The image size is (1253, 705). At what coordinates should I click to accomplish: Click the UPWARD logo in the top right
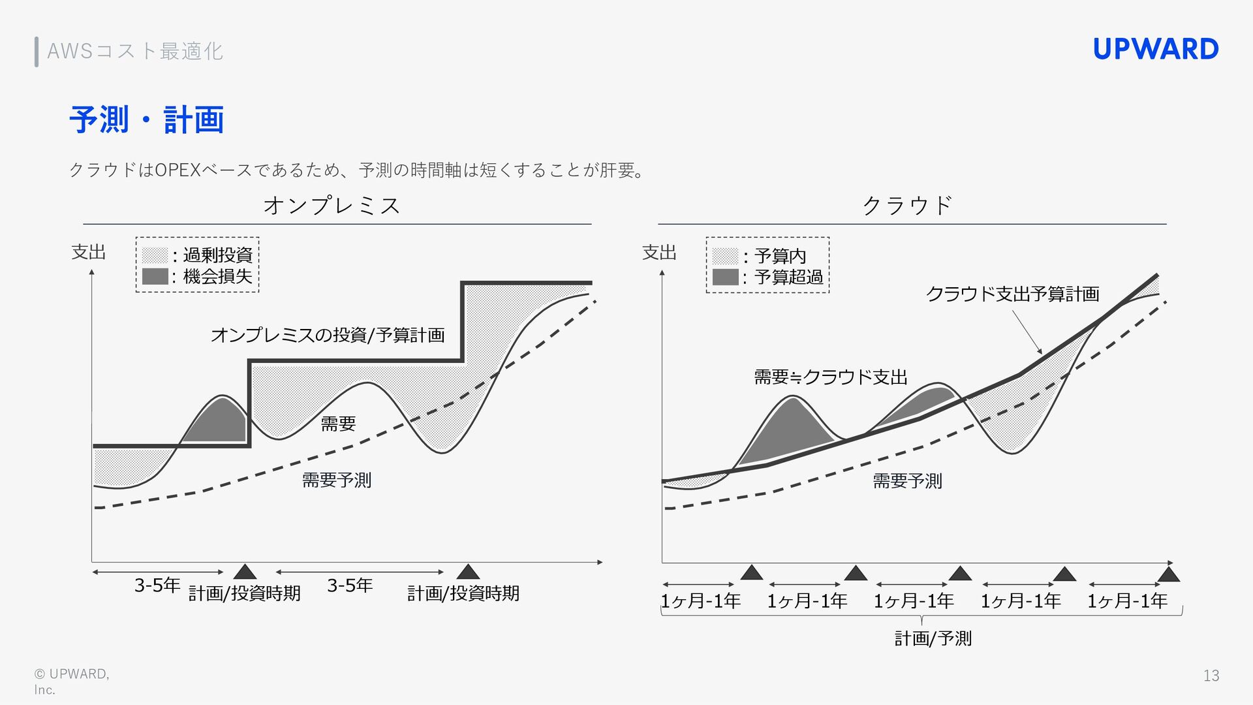(1155, 50)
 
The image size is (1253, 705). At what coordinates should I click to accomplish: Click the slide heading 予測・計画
(146, 119)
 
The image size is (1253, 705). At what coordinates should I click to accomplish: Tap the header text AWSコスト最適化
(135, 51)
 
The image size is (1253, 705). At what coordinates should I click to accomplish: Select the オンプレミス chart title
(332, 206)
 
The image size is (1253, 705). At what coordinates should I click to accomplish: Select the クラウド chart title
(907, 206)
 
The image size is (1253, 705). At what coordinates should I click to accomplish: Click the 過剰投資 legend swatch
(155, 255)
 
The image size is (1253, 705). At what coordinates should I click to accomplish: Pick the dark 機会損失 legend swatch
(155, 276)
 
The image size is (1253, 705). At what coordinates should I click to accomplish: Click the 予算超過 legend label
(788, 277)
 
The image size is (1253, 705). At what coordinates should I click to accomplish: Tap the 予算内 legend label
(780, 256)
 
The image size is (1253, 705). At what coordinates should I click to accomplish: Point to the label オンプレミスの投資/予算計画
(328, 336)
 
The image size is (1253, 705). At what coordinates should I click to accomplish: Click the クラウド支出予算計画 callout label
(1012, 294)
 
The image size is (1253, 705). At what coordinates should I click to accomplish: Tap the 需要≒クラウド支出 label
(830, 377)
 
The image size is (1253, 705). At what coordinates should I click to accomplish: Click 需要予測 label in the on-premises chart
(336, 480)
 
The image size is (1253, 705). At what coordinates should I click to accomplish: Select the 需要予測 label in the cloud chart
(907, 482)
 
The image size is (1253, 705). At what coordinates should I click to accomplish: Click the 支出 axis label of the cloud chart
(659, 253)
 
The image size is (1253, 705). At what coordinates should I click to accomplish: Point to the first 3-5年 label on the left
(157, 586)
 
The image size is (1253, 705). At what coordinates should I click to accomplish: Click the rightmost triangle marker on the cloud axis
(1169, 574)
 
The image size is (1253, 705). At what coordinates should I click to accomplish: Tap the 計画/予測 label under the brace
(933, 638)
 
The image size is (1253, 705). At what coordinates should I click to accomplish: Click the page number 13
(1211, 676)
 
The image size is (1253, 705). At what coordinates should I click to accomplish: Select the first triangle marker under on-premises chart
(245, 572)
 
